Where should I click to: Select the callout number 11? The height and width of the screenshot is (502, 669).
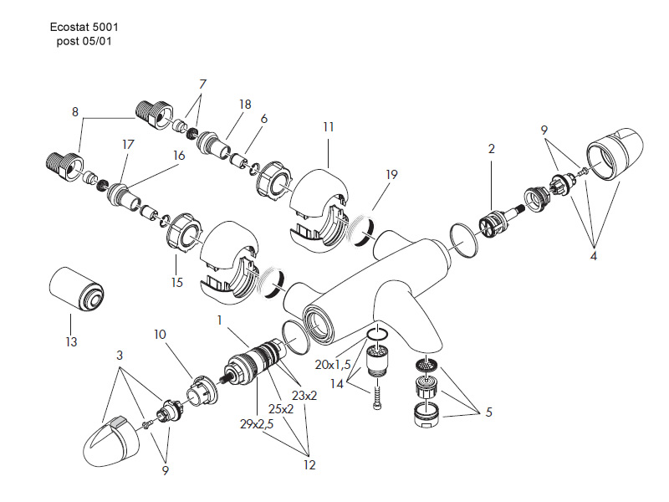tap(328, 127)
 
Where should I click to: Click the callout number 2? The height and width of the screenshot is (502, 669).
tap(492, 149)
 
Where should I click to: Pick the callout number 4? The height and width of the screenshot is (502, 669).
tap(594, 256)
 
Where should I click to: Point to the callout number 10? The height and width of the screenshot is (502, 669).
tap(159, 335)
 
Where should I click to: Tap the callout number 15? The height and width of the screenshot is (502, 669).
tap(176, 283)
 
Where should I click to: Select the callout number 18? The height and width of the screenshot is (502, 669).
tap(245, 105)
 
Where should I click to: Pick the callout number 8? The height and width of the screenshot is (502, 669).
tap(74, 111)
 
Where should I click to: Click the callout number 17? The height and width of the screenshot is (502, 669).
tap(128, 144)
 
